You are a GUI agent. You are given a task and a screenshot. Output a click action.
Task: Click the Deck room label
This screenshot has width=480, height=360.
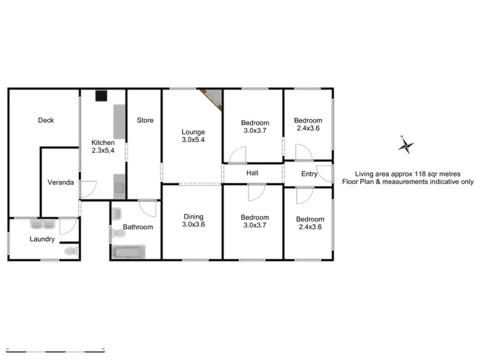[x=45, y=120]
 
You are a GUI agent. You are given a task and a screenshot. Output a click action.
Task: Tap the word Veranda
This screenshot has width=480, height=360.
[x=61, y=182]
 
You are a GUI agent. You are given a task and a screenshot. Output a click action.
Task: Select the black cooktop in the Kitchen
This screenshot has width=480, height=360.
[x=101, y=97]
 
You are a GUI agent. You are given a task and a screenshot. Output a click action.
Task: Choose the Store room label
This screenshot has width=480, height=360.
[x=145, y=120]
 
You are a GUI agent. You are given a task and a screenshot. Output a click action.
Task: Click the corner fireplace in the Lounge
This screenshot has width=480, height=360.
[x=212, y=98]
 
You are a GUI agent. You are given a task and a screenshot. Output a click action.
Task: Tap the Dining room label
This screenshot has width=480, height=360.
[x=193, y=216]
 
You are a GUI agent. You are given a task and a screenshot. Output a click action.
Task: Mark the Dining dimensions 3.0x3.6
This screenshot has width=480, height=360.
[x=193, y=224]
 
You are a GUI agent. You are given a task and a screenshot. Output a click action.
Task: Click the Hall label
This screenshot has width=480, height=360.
[x=252, y=173]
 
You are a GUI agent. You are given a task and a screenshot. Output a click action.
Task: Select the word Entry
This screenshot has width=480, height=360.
[x=308, y=173]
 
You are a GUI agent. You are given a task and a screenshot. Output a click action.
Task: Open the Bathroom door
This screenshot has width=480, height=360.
[x=147, y=208]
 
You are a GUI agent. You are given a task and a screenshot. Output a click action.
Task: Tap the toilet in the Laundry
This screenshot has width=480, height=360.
[x=72, y=252]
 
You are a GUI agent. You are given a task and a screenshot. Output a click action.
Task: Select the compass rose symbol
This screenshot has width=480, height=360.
[x=405, y=146]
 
